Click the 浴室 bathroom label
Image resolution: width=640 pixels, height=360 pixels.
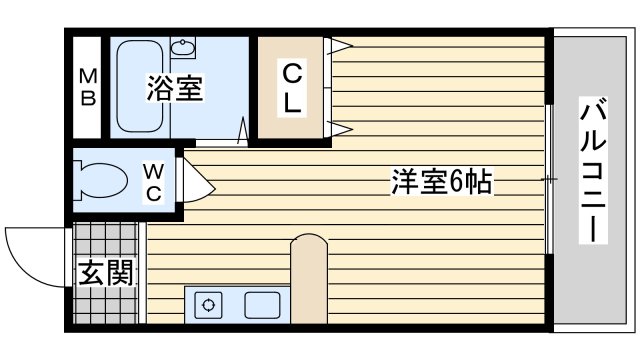pos(175,88)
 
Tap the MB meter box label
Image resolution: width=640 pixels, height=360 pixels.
pos(88,87)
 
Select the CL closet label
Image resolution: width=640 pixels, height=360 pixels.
pos(292,88)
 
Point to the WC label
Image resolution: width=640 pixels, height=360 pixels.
pos(154,182)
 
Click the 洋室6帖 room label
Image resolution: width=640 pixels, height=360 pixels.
pos(442,181)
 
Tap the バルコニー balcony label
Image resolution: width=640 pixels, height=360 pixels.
pos(593,170)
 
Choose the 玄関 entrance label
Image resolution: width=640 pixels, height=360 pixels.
pos(106,272)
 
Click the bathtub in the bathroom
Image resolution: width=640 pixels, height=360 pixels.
pos(140,86)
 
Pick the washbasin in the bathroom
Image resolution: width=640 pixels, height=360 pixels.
pos(182,47)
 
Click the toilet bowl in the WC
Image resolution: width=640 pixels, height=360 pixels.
pos(102,181)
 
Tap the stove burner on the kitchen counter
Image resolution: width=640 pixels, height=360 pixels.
pos(208,305)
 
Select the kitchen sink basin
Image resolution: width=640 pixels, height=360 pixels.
pos(262,305)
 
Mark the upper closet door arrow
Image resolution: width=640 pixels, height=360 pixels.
pos(341,46)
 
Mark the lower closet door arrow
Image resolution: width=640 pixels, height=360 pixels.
pos(341,129)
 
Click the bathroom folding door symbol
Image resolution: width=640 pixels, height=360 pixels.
pos(243,131)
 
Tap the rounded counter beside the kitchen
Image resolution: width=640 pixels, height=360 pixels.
pos(309,279)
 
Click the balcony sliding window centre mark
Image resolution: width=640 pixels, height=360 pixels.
pos(549,179)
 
